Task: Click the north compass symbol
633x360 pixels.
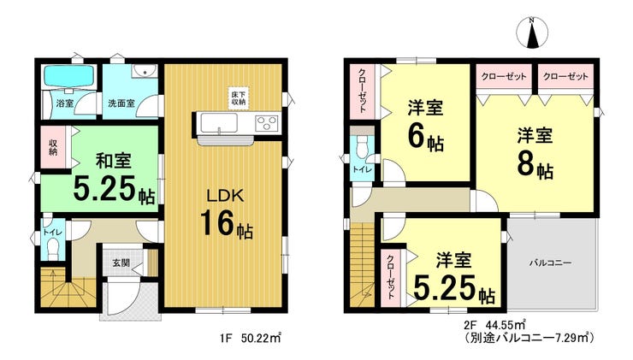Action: click(x=532, y=32)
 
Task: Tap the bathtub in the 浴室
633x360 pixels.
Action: click(x=69, y=76)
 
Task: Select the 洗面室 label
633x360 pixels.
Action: click(x=121, y=103)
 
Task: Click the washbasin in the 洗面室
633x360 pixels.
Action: click(x=145, y=71)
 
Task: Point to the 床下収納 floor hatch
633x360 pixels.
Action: click(x=238, y=97)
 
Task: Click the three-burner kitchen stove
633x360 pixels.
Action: click(x=267, y=122)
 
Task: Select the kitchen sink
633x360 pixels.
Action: click(x=219, y=122)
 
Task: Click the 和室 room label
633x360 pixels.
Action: click(x=114, y=162)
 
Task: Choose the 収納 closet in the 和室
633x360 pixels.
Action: click(x=53, y=147)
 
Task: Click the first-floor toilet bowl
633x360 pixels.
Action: click(x=53, y=250)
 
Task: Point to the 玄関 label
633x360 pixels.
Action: click(x=121, y=263)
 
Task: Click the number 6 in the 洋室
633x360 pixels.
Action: click(x=417, y=137)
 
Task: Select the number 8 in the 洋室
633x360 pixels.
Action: click(x=526, y=164)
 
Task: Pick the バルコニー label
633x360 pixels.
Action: click(x=551, y=263)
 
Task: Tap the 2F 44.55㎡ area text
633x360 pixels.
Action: click(x=494, y=324)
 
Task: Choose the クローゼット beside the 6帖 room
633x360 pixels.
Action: click(x=362, y=91)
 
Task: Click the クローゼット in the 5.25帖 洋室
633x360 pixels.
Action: click(x=391, y=278)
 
